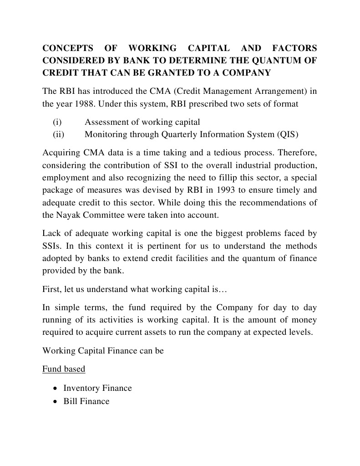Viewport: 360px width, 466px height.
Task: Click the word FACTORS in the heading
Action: tap(294, 48)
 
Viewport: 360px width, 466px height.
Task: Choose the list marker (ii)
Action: tap(58, 134)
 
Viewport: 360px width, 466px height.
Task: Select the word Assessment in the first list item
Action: tap(106, 122)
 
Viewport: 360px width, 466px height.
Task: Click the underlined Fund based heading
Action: tap(64, 369)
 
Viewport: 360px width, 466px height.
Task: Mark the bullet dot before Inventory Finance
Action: tap(55, 389)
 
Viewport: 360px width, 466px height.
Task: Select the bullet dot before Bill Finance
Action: tap(55, 402)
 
